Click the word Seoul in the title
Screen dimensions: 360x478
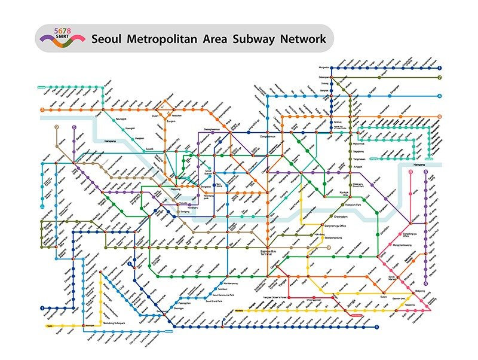click(109, 39)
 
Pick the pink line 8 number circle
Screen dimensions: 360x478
click(411, 172)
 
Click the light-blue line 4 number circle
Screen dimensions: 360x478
click(439, 96)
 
